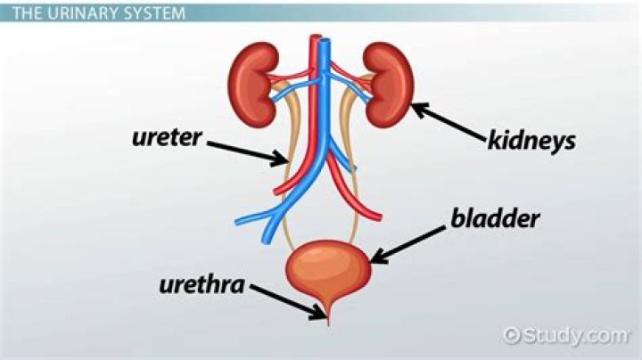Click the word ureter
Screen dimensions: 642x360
click(x=167, y=138)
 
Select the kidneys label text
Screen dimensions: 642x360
click(x=531, y=141)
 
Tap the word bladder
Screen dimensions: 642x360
click(x=495, y=218)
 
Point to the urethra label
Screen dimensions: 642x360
click(x=202, y=284)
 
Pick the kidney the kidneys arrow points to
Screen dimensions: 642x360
click(x=389, y=85)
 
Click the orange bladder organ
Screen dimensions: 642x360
click(x=328, y=271)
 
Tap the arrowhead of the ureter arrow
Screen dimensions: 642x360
click(x=280, y=159)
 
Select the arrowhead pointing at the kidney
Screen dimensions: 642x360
click(x=421, y=110)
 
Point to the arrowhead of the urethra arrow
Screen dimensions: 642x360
click(x=319, y=311)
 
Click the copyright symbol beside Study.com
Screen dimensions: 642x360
click(x=512, y=335)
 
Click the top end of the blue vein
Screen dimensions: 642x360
click(x=326, y=40)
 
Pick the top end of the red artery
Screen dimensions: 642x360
click(x=314, y=37)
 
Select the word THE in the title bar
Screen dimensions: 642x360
click(x=28, y=13)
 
